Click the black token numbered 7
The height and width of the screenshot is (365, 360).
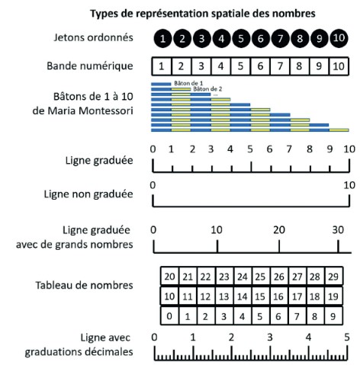(x=280, y=39)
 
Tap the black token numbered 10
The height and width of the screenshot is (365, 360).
(x=339, y=38)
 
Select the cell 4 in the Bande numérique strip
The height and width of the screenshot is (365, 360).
(x=220, y=66)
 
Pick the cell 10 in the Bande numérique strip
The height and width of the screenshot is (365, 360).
(x=339, y=66)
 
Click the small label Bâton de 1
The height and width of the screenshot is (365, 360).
(x=188, y=83)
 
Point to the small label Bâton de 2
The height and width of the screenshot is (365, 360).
(x=207, y=89)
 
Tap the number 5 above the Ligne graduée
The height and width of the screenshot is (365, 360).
(x=250, y=149)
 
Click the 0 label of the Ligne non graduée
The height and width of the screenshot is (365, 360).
(x=153, y=185)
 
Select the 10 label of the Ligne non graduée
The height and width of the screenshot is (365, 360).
(x=349, y=185)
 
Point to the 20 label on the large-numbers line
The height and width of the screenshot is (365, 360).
(x=279, y=230)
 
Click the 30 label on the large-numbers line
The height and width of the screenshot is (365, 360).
(x=338, y=230)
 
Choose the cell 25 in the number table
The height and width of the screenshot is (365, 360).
(x=261, y=276)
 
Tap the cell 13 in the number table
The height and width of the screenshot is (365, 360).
(x=224, y=296)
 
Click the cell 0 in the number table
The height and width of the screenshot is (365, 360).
(x=169, y=316)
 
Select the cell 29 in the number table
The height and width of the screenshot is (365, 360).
(x=333, y=276)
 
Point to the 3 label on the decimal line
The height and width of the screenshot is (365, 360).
(x=270, y=338)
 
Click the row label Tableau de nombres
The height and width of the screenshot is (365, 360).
(x=84, y=285)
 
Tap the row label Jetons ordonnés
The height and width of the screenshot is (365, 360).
(x=93, y=37)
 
